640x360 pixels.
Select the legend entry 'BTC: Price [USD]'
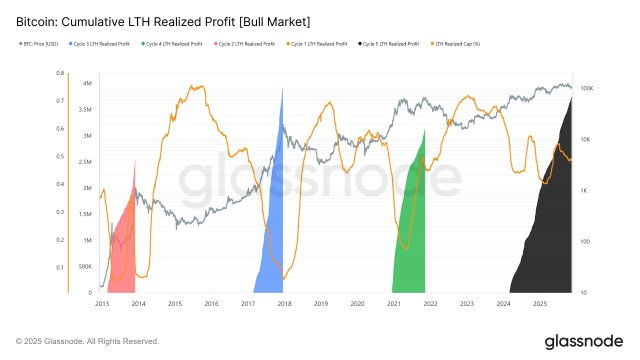pyautogui.click(x=39, y=44)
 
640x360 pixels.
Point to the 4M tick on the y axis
pyautogui.click(x=88, y=83)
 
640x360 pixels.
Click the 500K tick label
pyautogui.click(x=85, y=267)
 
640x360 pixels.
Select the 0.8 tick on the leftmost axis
pyautogui.click(x=59, y=74)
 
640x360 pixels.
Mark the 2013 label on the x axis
pyautogui.click(x=102, y=302)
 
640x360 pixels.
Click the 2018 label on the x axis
pyautogui.click(x=284, y=302)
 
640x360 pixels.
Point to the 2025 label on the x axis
pyautogui.click(x=539, y=302)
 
